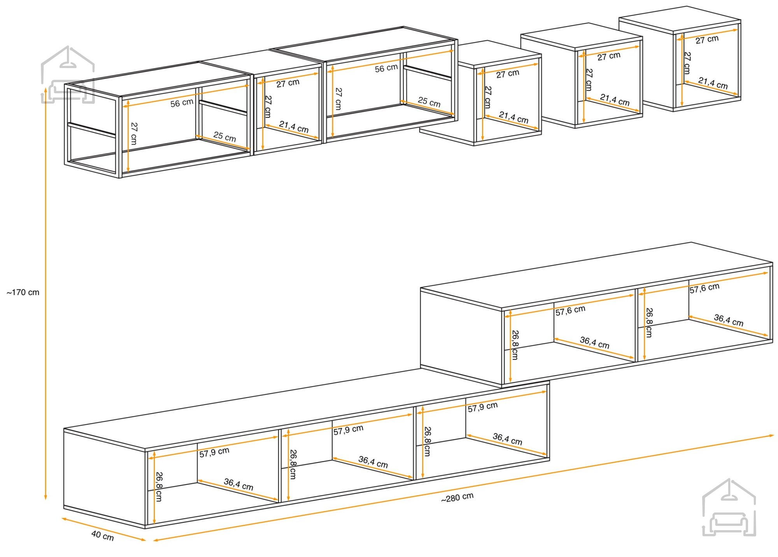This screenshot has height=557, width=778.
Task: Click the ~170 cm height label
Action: click(23, 292)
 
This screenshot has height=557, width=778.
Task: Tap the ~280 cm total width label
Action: click(457, 498)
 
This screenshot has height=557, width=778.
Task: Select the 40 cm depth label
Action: click(103, 536)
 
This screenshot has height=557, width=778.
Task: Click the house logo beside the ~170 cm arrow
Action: click(68, 75)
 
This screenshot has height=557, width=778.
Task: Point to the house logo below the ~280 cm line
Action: click(729, 508)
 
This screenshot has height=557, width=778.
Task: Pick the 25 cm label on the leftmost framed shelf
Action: click(224, 136)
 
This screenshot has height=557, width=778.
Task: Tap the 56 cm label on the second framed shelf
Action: click(386, 68)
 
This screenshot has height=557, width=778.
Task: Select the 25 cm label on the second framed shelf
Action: click(429, 102)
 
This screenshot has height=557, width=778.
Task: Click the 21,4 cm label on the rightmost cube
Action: click(713, 83)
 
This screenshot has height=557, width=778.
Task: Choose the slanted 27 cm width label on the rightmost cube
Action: click(707, 39)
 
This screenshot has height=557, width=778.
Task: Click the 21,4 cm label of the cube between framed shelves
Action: click(294, 127)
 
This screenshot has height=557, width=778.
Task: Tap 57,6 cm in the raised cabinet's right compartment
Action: click(704, 288)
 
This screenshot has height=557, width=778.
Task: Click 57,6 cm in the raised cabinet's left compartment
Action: click(570, 311)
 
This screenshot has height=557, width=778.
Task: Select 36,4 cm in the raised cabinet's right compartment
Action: click(729, 320)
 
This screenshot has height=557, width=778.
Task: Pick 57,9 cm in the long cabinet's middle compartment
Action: click(348, 430)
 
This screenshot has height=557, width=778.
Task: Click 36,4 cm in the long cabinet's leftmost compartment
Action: click(238, 484)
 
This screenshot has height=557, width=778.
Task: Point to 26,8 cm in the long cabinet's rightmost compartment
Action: click(428, 441)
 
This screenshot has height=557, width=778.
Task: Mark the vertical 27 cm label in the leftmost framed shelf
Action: click(134, 133)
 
